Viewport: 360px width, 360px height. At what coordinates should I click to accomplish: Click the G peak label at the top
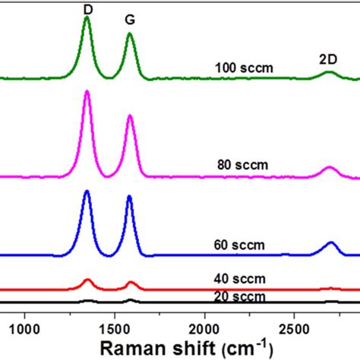(130, 22)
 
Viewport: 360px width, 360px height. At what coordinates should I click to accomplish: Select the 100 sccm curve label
(243, 69)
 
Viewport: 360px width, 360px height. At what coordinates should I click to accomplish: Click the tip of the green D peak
(87, 17)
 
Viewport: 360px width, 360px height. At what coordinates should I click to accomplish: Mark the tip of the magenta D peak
(87, 91)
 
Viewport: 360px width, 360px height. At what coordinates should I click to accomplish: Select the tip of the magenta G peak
(130, 115)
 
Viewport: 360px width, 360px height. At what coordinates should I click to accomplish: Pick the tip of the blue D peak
(87, 191)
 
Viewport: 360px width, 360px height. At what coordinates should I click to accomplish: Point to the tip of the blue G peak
(129, 197)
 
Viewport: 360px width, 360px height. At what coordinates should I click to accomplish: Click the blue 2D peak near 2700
(330, 243)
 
